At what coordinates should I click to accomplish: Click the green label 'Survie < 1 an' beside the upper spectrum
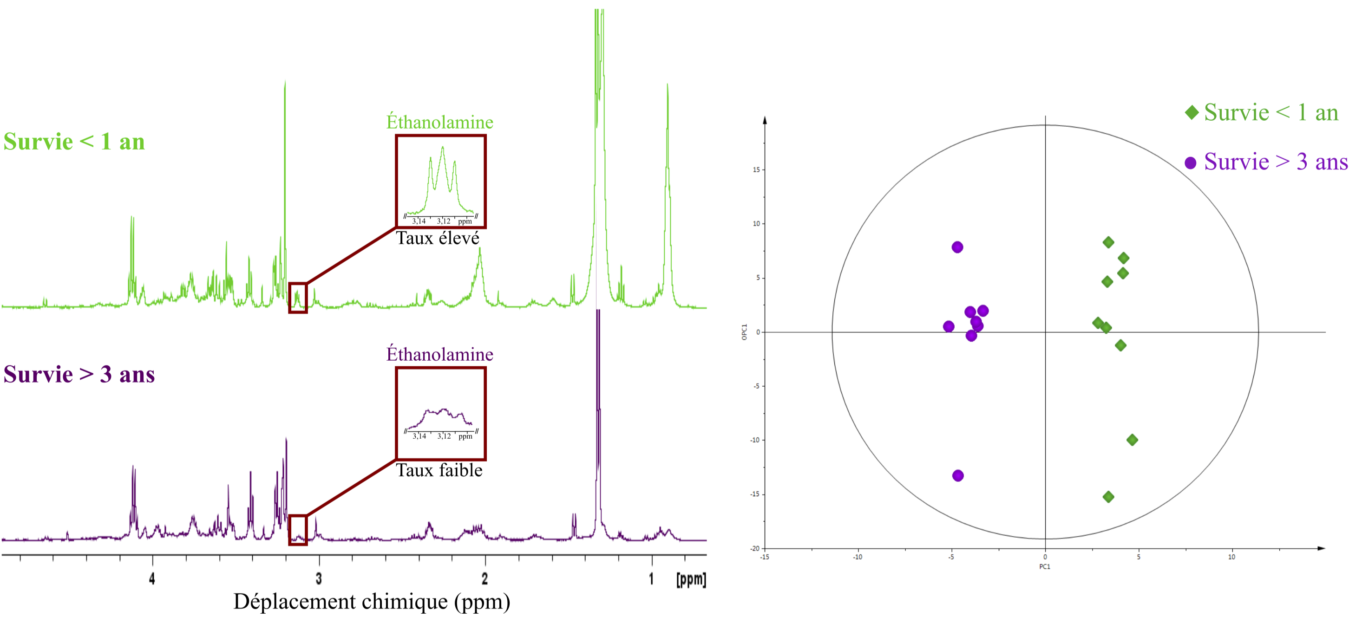coord(74,142)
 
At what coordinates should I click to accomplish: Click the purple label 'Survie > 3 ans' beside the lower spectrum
coord(79,375)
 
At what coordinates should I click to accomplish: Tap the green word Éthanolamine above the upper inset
coord(439,122)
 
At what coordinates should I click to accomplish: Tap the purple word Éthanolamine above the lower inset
coord(439,354)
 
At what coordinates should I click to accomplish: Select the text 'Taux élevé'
coord(437,238)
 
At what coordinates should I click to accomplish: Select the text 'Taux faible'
coord(439,470)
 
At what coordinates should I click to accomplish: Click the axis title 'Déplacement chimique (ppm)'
coord(371,601)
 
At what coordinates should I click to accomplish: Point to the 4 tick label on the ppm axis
coord(152,578)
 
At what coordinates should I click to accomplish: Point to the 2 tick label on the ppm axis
coord(485,578)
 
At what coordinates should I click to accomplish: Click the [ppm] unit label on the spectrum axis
coord(691,579)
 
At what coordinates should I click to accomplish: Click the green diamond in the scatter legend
coord(1192,112)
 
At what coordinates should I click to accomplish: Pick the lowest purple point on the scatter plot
coord(958,475)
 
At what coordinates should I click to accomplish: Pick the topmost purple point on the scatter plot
coord(957,247)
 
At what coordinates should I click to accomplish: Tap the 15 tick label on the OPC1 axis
coord(756,169)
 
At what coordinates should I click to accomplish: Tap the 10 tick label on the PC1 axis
coord(1231,557)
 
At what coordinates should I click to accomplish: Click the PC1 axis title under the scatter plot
coord(1044,566)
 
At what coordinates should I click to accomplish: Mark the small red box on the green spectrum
coord(297,298)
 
